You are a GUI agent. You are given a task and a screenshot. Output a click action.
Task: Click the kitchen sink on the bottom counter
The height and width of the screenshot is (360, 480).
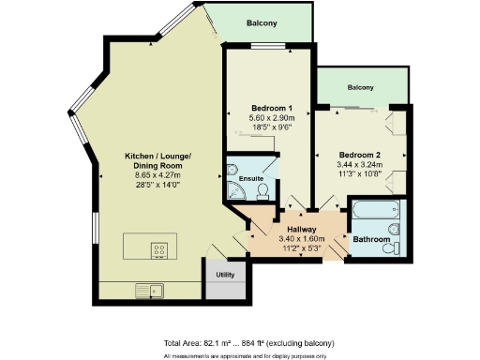[149, 290]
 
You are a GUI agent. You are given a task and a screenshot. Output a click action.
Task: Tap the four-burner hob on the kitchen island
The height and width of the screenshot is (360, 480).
[159, 250]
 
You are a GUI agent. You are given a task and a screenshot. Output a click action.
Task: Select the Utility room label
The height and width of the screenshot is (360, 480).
[225, 276]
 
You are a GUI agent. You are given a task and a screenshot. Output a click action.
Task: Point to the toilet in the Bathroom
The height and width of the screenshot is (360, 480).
[398, 247]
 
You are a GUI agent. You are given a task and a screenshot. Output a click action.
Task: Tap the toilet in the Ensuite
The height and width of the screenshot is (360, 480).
[262, 190]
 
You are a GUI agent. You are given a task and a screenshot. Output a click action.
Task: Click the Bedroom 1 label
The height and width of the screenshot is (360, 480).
[272, 108]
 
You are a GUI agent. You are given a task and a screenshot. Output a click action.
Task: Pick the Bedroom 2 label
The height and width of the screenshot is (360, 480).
[360, 155]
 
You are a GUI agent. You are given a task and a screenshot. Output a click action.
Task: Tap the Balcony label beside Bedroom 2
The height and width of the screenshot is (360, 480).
[360, 88]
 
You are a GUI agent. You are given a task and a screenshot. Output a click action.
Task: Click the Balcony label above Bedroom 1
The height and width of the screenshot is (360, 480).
[262, 23]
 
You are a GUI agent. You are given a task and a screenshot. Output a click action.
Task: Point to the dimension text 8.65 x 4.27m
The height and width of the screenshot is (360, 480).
[158, 174]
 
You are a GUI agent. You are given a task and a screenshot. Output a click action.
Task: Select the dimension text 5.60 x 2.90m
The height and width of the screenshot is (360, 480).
[272, 118]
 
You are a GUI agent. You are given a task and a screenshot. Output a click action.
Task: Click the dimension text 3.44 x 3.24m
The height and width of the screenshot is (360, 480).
[360, 165]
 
